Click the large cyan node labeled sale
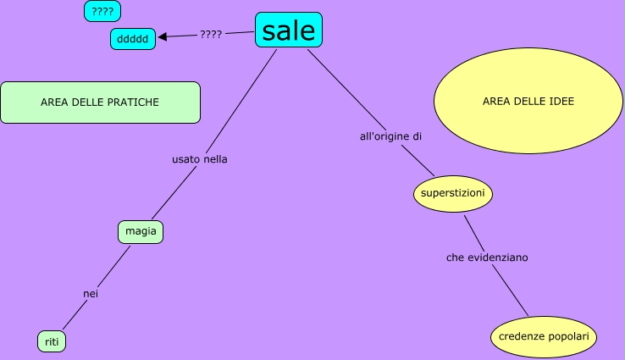(289, 30)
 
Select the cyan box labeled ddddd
(133, 39)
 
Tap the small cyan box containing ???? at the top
(102, 12)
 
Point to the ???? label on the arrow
(211, 35)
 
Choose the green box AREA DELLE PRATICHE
(100, 102)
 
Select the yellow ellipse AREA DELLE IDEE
(528, 102)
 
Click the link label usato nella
(200, 158)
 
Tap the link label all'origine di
(391, 136)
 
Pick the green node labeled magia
(141, 231)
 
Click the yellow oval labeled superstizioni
(453, 194)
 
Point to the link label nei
(91, 293)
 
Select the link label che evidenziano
(487, 257)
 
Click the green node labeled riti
(52, 341)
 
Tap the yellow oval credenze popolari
(544, 336)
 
